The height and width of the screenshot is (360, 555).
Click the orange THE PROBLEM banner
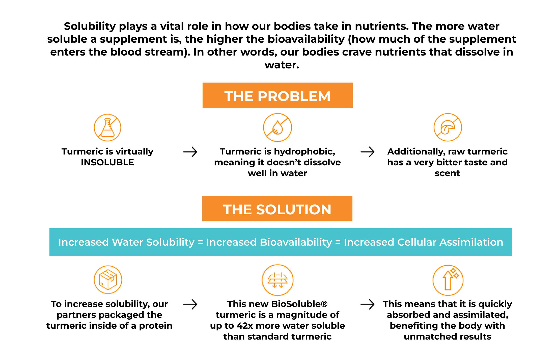click(x=277, y=95)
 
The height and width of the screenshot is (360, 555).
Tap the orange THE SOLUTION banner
click(x=277, y=209)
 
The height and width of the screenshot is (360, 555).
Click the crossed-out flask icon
click(x=107, y=127)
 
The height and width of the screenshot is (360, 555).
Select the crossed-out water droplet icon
click(x=277, y=127)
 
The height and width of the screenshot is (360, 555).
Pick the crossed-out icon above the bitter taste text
click(x=448, y=127)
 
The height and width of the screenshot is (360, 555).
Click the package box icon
click(x=108, y=280)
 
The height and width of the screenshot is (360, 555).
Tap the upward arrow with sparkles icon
click(x=448, y=280)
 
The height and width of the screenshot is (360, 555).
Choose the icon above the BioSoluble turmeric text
click(x=277, y=280)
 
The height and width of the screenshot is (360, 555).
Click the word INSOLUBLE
click(x=107, y=162)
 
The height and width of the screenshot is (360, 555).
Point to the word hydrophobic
click(x=304, y=151)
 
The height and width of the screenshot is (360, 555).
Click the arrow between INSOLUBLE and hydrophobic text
click(x=190, y=152)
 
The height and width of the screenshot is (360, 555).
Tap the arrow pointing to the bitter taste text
click(x=368, y=152)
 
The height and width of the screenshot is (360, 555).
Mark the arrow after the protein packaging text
click(x=190, y=304)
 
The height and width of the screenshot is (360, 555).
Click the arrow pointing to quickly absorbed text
click(x=368, y=304)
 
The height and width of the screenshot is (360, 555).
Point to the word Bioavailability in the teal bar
click(x=296, y=242)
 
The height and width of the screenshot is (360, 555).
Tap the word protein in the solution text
click(x=156, y=326)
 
